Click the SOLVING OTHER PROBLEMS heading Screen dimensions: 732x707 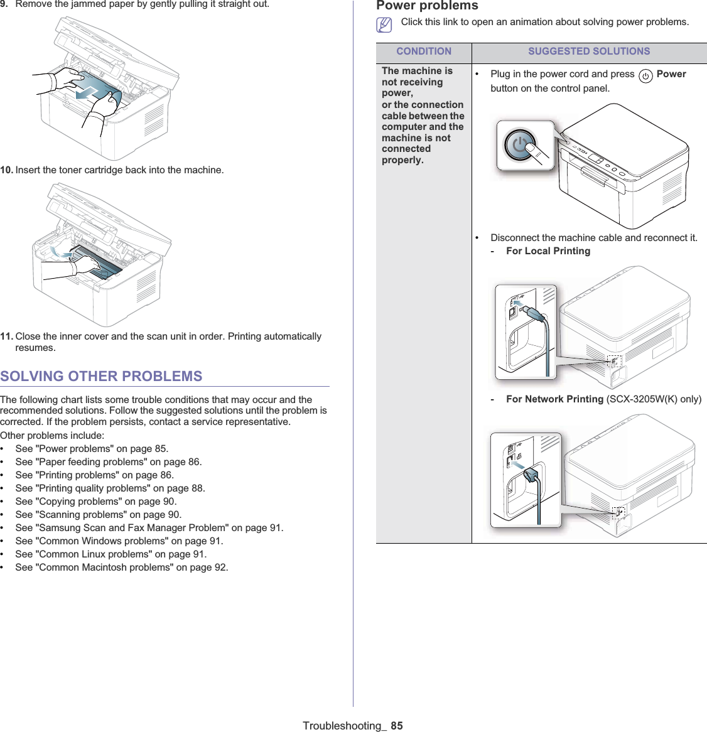coord(101,376)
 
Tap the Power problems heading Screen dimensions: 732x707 coord(427,6)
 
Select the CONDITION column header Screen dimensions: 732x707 coord(424,51)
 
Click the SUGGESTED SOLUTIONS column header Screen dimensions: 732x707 coord(589,51)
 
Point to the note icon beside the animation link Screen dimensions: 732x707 coord(384,24)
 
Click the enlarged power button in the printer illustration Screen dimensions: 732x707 coord(520,145)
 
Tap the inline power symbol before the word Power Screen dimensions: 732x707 coord(645,76)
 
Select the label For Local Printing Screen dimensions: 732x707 coord(548,251)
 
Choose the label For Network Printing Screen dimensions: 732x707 coord(554,399)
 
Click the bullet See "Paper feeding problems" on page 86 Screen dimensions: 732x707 coord(109,462)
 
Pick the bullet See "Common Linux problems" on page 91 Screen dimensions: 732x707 coord(111,554)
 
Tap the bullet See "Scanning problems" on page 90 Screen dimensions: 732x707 coord(98,515)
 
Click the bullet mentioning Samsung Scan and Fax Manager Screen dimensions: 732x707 coord(149,528)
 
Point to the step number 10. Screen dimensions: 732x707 coord(6,170)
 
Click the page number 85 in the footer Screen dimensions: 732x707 coord(397,726)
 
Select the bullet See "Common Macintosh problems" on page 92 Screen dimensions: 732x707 coord(122,568)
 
